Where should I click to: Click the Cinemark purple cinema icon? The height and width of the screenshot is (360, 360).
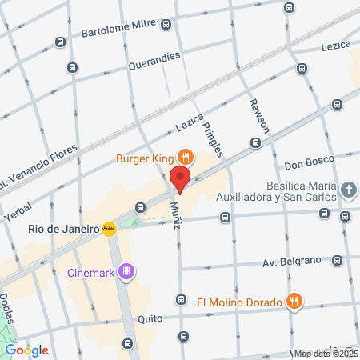click(x=126, y=272)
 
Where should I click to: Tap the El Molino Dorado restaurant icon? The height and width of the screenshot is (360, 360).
click(x=294, y=302)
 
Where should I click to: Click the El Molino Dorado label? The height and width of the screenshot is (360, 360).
click(x=239, y=302)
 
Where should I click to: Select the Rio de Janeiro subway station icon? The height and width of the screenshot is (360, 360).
click(x=110, y=229)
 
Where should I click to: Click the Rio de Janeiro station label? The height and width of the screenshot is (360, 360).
click(x=62, y=229)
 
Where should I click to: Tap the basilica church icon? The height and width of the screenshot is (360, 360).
click(x=348, y=190)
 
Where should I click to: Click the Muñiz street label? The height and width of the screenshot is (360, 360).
click(x=175, y=214)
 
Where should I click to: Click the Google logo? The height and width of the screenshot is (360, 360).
click(x=26, y=350)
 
